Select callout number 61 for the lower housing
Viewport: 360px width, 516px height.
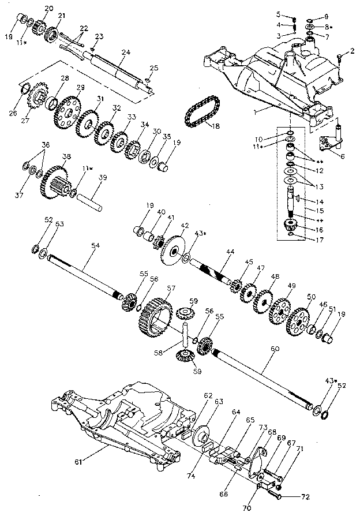[x=79, y=461]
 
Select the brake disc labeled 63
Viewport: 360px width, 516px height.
[x=203, y=437]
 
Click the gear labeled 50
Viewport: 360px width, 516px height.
[x=301, y=320]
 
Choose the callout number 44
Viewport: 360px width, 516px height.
[x=230, y=252]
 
